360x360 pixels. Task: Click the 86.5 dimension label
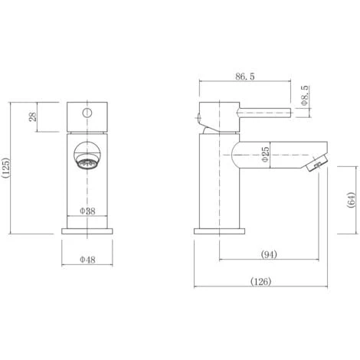point(245,77)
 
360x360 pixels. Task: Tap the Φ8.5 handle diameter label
point(305,95)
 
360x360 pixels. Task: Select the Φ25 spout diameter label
point(265,154)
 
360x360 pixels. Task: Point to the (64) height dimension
point(351,200)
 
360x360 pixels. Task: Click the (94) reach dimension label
point(269,254)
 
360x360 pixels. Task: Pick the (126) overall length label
point(260,281)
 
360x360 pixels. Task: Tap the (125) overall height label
point(6,168)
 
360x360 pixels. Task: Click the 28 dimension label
point(33,116)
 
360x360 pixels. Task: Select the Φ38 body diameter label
point(87,211)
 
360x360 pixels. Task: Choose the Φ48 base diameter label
point(87,260)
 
